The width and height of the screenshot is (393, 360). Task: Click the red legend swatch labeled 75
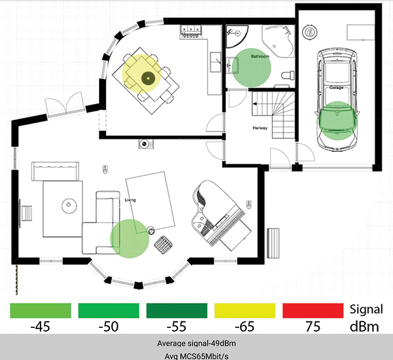313,310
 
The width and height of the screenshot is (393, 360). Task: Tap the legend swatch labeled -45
41,310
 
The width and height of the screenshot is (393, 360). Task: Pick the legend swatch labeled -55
178,310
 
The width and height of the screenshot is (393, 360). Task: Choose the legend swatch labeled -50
109,310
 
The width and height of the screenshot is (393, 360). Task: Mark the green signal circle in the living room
130,237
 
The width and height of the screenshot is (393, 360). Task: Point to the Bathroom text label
260,57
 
